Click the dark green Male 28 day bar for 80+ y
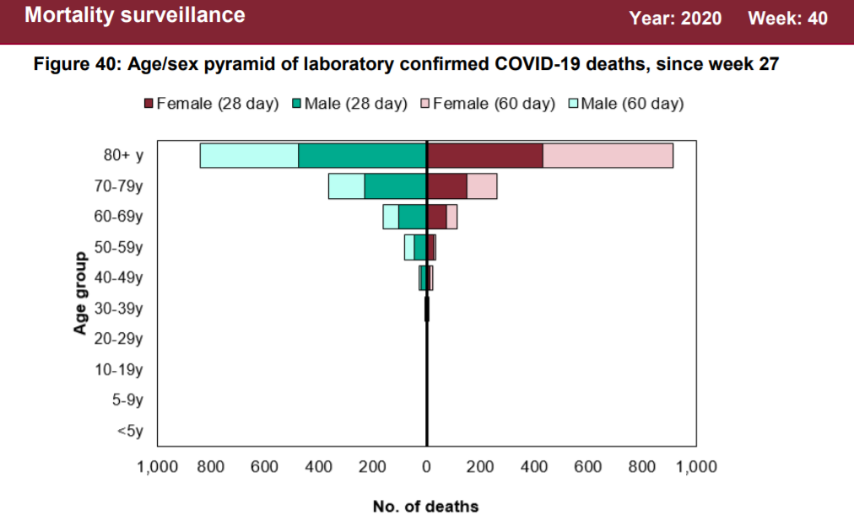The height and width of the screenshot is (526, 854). click(362, 156)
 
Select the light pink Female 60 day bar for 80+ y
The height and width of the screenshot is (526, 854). click(608, 156)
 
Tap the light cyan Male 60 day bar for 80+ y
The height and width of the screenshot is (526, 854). click(249, 156)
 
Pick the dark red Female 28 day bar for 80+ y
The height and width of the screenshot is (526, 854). click(484, 156)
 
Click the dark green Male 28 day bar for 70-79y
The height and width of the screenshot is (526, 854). click(395, 186)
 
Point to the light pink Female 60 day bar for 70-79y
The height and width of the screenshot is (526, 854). click(482, 186)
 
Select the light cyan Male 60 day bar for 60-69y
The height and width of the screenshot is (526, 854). click(391, 217)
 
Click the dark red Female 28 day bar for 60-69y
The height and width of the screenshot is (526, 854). click(437, 217)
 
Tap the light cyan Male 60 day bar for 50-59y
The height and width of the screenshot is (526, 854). click(409, 247)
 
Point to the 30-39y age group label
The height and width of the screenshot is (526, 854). click(118, 309)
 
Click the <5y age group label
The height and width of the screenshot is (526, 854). click(129, 432)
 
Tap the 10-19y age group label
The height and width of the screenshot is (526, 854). click(118, 369)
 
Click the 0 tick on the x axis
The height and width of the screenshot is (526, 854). click(426, 467)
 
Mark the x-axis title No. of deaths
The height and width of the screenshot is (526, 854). click(425, 507)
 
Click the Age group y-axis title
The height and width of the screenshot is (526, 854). click(81, 293)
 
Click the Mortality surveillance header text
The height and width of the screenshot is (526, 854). click(135, 15)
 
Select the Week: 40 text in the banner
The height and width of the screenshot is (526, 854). click(787, 18)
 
